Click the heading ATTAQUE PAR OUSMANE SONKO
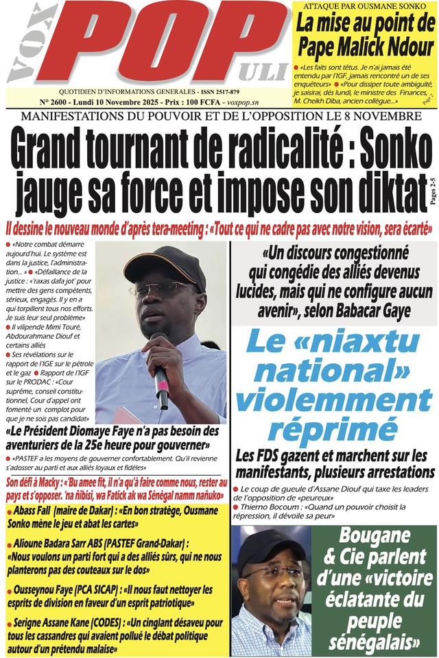[363, 7]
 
